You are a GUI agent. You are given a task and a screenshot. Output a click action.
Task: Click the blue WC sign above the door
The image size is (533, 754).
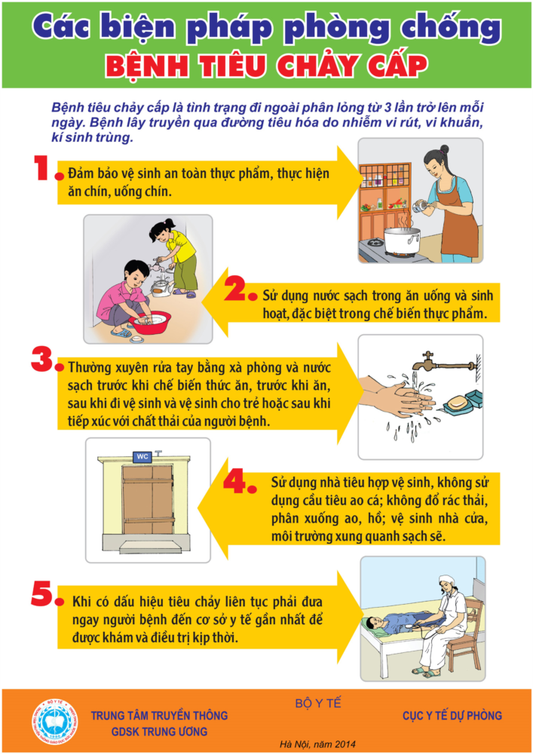142,456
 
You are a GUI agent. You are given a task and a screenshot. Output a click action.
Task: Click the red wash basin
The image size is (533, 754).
149,322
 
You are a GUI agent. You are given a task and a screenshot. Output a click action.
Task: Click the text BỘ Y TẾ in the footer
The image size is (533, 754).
318,703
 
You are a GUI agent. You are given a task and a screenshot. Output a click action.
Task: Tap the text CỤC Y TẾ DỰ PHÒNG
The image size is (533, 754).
452,716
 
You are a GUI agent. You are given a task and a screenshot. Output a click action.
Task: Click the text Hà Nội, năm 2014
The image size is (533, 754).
317,744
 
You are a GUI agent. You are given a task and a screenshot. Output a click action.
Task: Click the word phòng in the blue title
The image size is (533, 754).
338,29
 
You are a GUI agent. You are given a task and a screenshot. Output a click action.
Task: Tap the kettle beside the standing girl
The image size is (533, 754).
161,286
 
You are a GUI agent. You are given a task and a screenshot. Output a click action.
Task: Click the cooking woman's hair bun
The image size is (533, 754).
443,149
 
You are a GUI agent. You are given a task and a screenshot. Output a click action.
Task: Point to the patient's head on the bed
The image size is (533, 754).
372,624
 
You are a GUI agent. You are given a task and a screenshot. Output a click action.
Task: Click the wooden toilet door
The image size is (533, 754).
148,499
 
